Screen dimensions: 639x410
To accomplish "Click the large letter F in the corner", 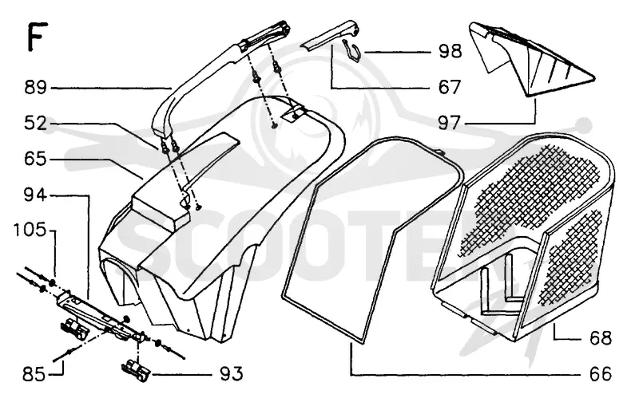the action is click(37, 37).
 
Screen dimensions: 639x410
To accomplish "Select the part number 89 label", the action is click(35, 88).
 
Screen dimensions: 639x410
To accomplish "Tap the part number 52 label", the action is click(35, 124).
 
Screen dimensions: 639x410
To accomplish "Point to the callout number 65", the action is click(35, 159).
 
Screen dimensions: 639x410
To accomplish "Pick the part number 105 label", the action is click(30, 231).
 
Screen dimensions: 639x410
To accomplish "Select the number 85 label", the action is click(34, 374).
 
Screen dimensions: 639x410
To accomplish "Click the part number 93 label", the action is click(232, 374).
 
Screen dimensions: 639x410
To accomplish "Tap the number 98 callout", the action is click(450, 52).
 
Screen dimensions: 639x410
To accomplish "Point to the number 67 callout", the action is click(450, 87).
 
